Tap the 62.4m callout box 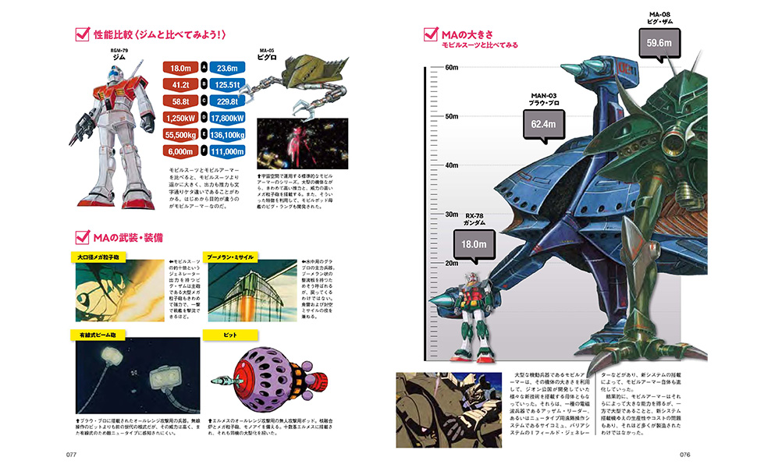543,124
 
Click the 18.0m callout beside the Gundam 471,243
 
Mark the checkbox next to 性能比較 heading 80,35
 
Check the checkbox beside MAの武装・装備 80,236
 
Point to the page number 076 686,454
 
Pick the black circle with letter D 204,118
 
